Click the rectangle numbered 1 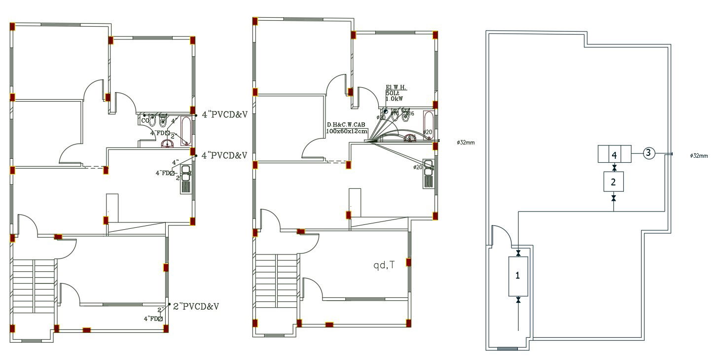tap(518, 276)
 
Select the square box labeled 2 tap(613, 182)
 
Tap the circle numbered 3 tap(648, 153)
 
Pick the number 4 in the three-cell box tap(614, 155)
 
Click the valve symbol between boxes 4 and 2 tap(614, 168)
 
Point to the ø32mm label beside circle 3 tap(699, 156)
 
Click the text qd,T tap(384, 265)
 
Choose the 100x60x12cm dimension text tap(347, 131)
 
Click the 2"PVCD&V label tap(196, 306)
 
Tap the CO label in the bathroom tap(145, 120)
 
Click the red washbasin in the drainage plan tap(168, 144)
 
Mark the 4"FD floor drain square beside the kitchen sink tap(173, 173)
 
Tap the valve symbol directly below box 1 tap(518, 300)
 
